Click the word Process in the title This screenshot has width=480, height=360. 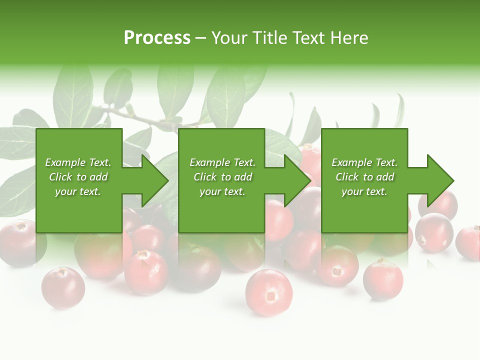(x=157, y=38)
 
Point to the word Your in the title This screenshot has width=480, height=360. (x=229, y=38)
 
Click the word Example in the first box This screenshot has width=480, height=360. (x=65, y=162)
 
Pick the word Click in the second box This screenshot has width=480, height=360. (x=205, y=177)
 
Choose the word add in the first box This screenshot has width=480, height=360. (x=98, y=177)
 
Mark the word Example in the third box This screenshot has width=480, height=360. (x=351, y=162)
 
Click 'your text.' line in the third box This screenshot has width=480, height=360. (x=364, y=191)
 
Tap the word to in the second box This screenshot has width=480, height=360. (x=226, y=177)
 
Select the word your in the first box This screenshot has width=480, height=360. (x=65, y=191)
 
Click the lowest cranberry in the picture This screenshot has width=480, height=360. (x=268, y=292)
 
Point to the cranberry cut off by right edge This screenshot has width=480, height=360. (x=468, y=242)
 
